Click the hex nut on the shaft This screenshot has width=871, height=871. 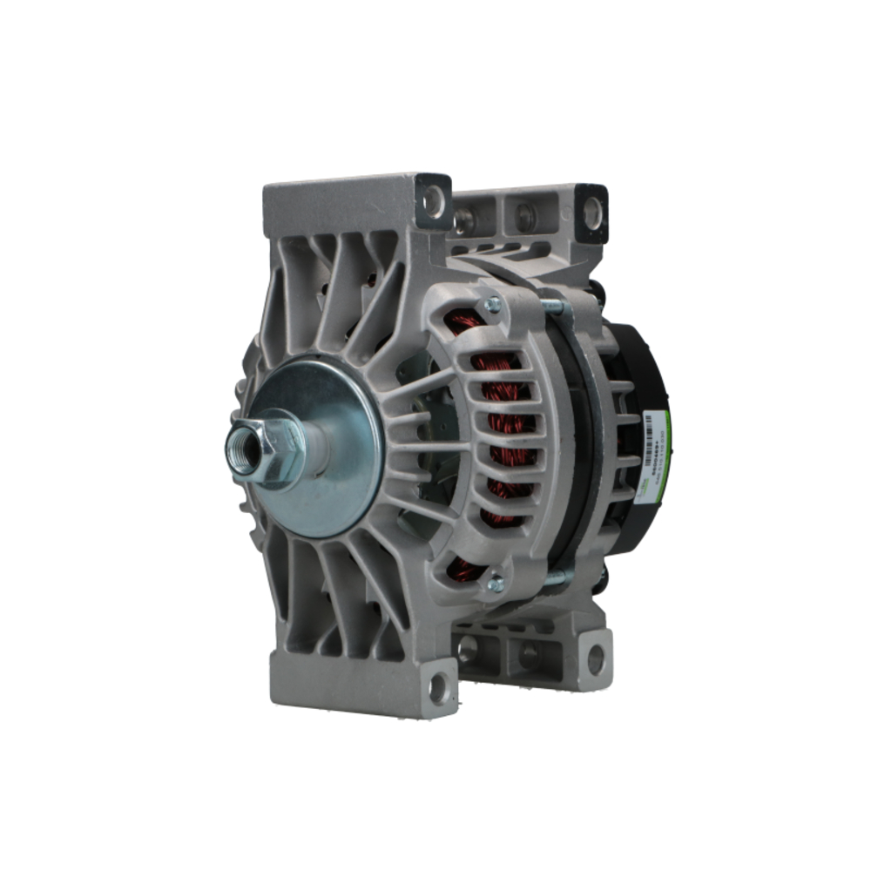pyautogui.click(x=277, y=449)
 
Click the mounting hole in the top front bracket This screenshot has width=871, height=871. pyautogui.click(x=433, y=199)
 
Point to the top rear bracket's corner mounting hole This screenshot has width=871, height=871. pyautogui.click(x=592, y=207)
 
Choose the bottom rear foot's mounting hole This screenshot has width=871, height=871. pyautogui.click(x=595, y=659)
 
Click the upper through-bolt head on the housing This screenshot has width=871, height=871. pyautogui.click(x=493, y=305)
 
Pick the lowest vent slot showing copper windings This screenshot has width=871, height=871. pyautogui.click(x=466, y=570)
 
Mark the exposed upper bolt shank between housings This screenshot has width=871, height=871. pyautogui.click(x=554, y=306)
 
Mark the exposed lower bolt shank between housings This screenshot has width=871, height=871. pyautogui.click(x=554, y=576)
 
